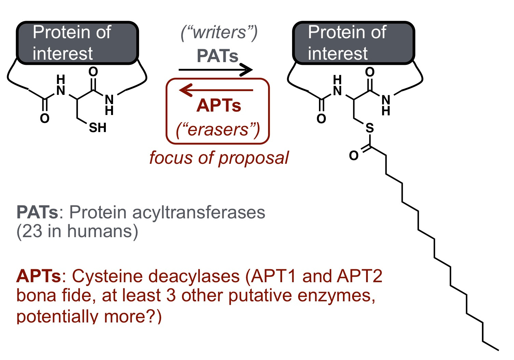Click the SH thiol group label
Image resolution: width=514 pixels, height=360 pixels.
tap(98, 128)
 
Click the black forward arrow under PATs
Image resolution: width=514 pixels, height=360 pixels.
tap(216, 70)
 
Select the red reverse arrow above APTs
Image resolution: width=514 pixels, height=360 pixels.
tap(216, 90)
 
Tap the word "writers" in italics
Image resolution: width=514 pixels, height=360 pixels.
tap(219, 32)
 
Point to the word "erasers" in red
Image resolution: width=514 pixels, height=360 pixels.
tap(218, 130)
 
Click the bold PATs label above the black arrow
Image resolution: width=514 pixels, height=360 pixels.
tap(218, 56)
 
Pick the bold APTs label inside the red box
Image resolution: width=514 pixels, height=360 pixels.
tap(219, 105)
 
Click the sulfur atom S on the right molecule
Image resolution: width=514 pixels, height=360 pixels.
tap(370, 128)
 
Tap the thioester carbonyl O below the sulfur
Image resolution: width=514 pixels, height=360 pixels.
tap(353, 156)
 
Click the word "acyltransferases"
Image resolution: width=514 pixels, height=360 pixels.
tap(199, 213)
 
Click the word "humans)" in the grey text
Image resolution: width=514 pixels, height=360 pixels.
tap(102, 231)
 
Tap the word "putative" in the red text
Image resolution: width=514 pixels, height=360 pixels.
tap(260, 296)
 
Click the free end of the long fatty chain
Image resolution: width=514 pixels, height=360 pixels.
tap(498, 350)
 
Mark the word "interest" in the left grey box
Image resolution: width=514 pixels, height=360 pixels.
tap(62, 54)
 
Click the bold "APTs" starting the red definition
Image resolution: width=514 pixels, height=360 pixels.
tap(39, 276)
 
